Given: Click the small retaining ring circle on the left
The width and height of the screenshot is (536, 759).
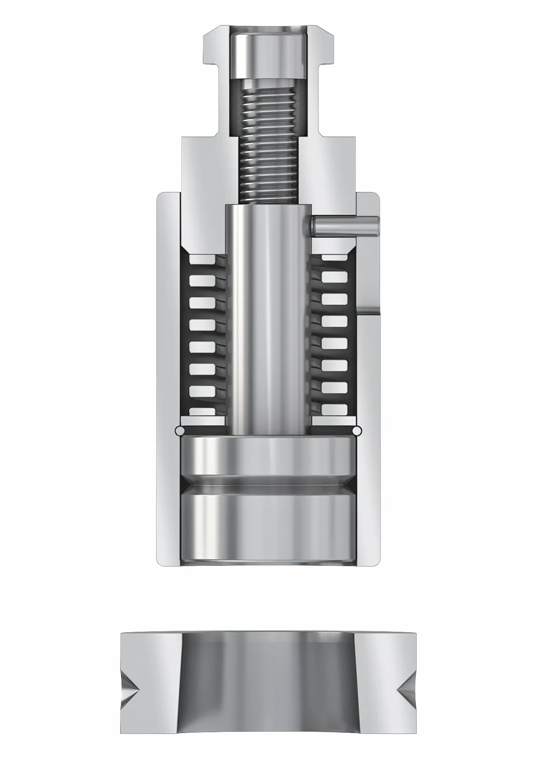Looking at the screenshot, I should pos(180,431).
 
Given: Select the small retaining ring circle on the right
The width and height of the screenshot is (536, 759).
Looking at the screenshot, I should pos(357,431).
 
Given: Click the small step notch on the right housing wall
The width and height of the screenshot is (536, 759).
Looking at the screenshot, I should pos(370,310).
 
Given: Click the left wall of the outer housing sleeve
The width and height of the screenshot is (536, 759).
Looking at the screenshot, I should pos(167,379).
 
